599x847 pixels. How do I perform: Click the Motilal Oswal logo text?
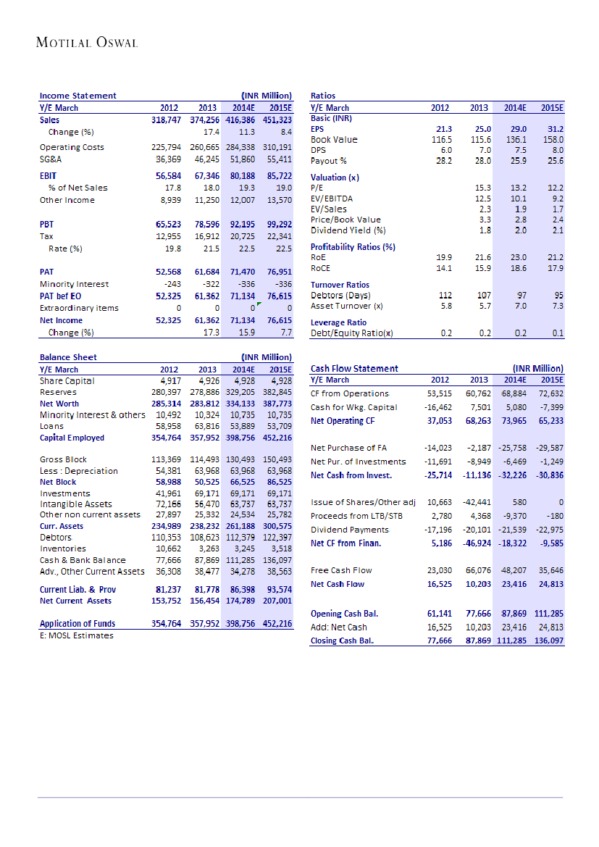(x=87, y=43)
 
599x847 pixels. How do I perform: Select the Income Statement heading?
(x=78, y=96)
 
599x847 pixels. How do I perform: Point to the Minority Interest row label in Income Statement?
(x=73, y=285)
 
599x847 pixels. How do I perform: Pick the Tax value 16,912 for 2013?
(x=207, y=236)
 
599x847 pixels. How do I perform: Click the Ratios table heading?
(x=322, y=96)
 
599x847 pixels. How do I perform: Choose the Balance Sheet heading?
(x=68, y=357)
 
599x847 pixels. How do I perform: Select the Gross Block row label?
(x=64, y=459)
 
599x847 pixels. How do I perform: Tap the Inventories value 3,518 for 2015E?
(x=280, y=548)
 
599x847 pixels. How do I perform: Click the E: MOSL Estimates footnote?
(x=77, y=635)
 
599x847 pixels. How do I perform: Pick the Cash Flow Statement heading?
(x=354, y=369)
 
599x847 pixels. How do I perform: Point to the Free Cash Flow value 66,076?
(x=479, y=571)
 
